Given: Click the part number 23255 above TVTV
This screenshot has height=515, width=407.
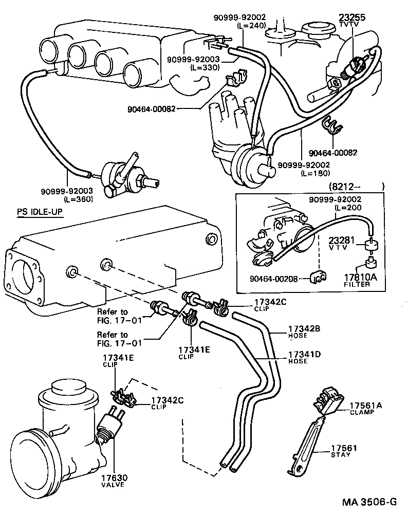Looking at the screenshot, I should click(x=352, y=17).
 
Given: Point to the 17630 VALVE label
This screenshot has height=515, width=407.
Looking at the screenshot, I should click(x=114, y=481).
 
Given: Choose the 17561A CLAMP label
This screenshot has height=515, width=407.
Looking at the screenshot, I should click(x=365, y=408).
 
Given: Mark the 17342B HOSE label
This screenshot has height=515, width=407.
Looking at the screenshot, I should click(x=304, y=332).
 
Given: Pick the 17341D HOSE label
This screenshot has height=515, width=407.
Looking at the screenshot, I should click(x=304, y=357).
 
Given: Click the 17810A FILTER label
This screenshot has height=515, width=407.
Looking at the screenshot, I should click(x=360, y=280).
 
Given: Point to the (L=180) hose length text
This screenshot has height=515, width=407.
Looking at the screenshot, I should click(x=314, y=173).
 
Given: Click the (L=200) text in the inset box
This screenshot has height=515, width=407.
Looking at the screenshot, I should click(x=348, y=207).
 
